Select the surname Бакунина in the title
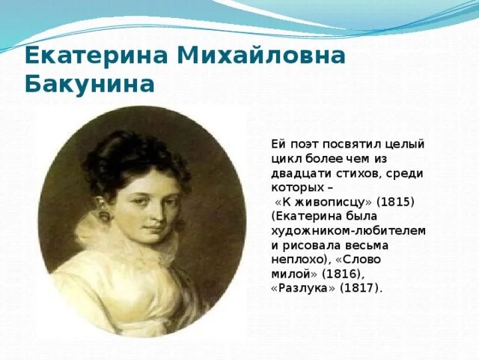coord(90,82)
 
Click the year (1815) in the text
coord(395,202)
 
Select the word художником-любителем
coord(348,231)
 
